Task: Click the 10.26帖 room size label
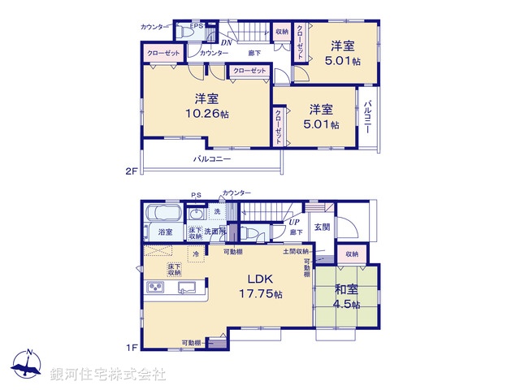(206, 114)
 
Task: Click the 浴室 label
(164, 232)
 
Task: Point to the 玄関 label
(322, 227)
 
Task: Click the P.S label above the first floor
(196, 194)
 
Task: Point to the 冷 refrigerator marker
(196, 253)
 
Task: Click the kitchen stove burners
(155, 288)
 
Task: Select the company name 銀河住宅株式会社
(108, 375)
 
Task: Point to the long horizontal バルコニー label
(212, 159)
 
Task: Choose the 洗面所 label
(215, 232)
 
